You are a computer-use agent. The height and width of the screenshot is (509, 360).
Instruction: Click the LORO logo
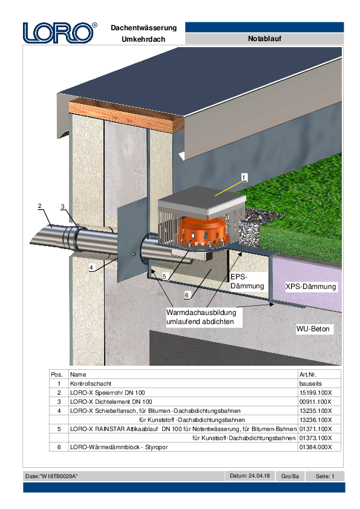pos(60,33)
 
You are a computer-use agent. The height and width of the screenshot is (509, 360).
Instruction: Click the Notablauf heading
pos(264,39)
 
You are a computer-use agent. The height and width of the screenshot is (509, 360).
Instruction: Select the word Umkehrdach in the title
pos(143,39)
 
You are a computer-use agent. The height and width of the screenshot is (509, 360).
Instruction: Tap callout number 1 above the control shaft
pos(244,177)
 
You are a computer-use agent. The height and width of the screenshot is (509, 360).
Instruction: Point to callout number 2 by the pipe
pos(40,206)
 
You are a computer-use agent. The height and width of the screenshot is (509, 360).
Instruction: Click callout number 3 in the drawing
pos(63,207)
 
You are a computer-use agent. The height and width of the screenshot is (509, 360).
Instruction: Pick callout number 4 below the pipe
pos(91,267)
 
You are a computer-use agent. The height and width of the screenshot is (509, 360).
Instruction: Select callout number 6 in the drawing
pos(186,295)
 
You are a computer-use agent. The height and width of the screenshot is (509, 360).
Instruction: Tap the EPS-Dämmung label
pos(247,282)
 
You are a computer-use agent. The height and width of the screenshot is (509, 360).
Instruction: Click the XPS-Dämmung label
pos(310,287)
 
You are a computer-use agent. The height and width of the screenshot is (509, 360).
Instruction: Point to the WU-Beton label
pos(313,329)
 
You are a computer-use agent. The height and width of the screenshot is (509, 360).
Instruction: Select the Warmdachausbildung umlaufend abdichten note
pos(201,317)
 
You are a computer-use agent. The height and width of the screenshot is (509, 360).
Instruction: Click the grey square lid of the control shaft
pos(202,199)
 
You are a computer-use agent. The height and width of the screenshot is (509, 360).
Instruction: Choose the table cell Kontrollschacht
pos(91,383)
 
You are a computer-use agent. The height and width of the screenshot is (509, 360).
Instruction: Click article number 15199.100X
pos(315,392)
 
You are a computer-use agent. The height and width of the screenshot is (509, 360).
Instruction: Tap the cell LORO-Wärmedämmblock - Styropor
pos(119,447)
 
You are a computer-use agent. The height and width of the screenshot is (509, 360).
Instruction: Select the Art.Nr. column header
pos(308,374)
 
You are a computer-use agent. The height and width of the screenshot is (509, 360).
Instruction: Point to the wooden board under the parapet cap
pos(126,115)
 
